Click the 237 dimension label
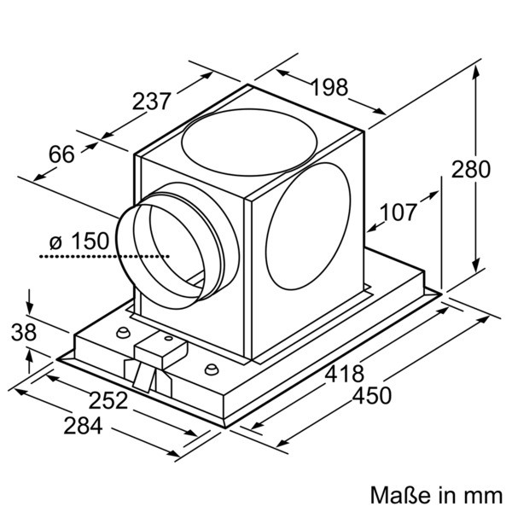coord(152,102)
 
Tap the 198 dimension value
coord(329,87)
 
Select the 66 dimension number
coord(61,154)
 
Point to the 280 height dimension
coord(470,169)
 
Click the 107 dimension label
coord(399,212)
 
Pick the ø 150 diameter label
coord(79,241)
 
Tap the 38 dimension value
coord(24,333)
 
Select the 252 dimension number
coord(108,400)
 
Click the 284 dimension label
coord(83,426)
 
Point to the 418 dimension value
coord(345,374)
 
